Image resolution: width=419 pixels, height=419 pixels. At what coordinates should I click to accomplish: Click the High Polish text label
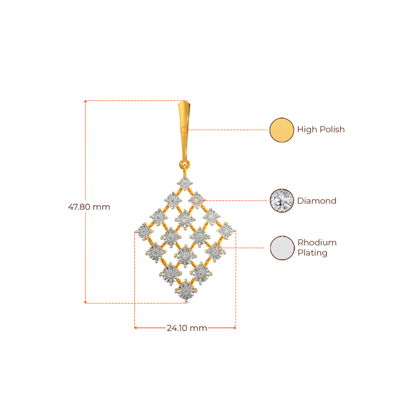tap(321, 130)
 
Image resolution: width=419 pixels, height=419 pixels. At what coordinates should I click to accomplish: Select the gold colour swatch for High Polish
tap(282, 130)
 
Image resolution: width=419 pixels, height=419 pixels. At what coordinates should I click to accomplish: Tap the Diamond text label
tap(317, 201)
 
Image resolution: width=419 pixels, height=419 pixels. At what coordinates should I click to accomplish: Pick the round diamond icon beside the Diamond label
tap(282, 200)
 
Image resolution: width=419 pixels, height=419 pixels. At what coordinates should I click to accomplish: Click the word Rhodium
tap(317, 242)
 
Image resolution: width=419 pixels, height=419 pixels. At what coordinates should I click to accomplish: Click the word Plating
tap(312, 253)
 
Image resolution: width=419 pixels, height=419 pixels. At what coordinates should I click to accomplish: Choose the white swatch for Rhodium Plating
tap(282, 248)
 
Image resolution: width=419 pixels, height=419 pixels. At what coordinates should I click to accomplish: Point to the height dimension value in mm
tap(89, 207)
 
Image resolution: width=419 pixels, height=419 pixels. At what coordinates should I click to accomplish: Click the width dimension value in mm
tap(187, 328)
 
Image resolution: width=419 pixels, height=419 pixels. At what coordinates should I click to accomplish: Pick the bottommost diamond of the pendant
tap(186, 291)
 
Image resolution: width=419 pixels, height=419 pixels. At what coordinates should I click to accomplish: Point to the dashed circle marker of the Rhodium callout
tap(217, 248)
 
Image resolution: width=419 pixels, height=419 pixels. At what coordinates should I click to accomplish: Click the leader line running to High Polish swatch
tap(229, 130)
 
